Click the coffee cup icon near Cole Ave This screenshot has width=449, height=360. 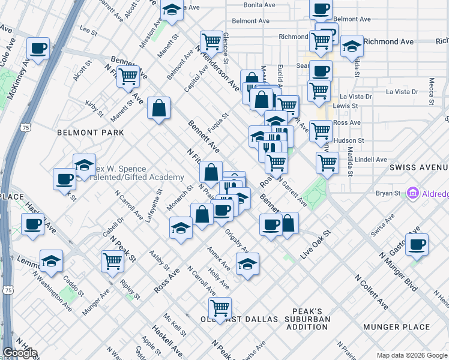38,48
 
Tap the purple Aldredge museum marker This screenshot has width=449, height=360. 412,193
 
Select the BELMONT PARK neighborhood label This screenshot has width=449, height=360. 91,133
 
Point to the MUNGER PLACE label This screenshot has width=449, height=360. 396,327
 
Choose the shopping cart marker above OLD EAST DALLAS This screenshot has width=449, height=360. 220,308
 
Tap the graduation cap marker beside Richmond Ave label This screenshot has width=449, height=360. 352,46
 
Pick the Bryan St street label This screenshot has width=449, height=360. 388,193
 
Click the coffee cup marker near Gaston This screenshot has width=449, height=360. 417,244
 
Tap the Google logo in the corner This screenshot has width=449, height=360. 20,353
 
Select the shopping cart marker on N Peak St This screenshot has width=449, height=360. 113,261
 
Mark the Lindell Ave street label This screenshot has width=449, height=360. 371,160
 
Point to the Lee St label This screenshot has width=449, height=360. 88,29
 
